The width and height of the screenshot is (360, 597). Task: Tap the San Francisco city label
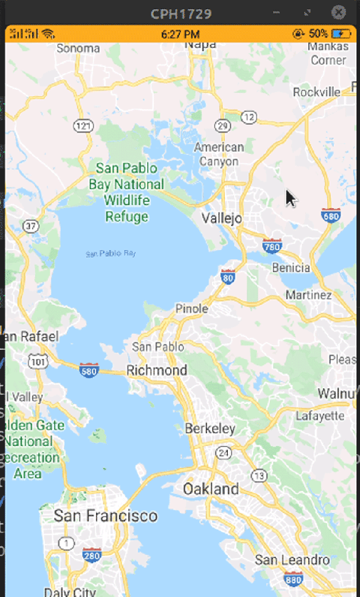pyautogui.click(x=105, y=515)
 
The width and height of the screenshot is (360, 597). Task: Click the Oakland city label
pyautogui.click(x=211, y=489)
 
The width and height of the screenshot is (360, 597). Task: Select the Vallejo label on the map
pyautogui.click(x=221, y=218)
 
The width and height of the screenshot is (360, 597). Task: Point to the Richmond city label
pyautogui.click(x=157, y=370)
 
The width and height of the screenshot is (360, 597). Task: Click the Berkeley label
pyautogui.click(x=210, y=429)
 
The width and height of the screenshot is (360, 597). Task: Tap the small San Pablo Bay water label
pyautogui.click(x=111, y=254)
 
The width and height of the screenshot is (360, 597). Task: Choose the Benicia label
pyautogui.click(x=291, y=268)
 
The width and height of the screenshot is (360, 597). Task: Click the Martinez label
pyautogui.click(x=308, y=295)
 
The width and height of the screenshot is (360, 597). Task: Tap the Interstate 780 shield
pyautogui.click(x=272, y=245)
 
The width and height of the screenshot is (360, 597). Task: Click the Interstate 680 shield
pyautogui.click(x=331, y=215)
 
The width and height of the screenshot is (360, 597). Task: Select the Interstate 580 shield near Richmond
pyautogui.click(x=89, y=369)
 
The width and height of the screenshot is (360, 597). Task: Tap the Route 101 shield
pyautogui.click(x=38, y=362)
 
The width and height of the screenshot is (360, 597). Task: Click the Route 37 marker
pyautogui.click(x=30, y=226)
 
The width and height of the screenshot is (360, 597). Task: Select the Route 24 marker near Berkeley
pyautogui.click(x=223, y=452)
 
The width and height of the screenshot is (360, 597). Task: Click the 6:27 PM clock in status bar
pyautogui.click(x=180, y=34)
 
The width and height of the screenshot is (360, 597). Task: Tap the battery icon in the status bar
pyautogui.click(x=342, y=34)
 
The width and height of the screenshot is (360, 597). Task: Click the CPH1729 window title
pyautogui.click(x=181, y=13)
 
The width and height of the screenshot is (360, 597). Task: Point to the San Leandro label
pyautogui.click(x=292, y=560)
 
